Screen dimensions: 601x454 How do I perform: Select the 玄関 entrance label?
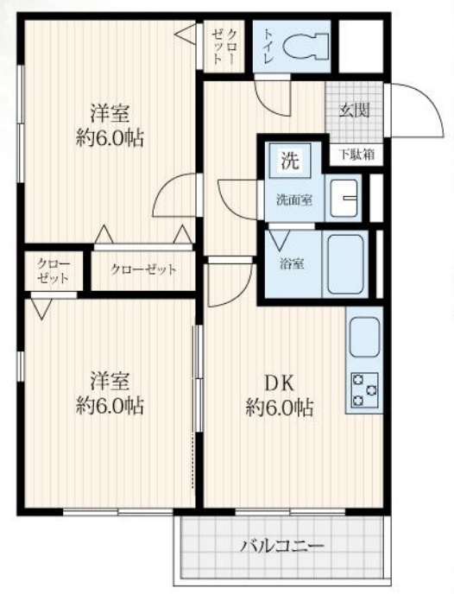352,110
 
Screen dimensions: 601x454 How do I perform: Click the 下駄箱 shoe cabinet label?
356,155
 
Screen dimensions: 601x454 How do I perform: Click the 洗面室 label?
293,200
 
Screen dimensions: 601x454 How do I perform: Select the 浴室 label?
290,265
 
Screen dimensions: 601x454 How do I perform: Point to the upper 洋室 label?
111,113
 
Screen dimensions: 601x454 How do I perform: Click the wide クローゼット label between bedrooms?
143,269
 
